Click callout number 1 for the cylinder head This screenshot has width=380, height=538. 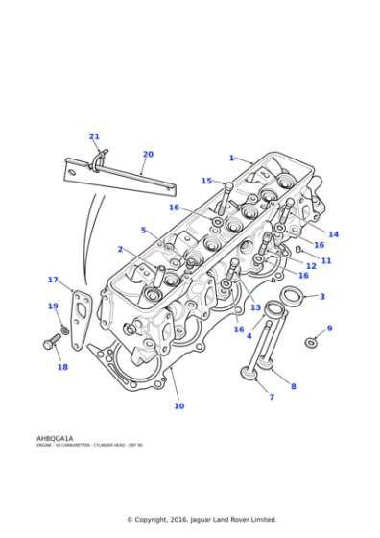[231, 158]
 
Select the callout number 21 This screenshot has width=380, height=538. [94, 136]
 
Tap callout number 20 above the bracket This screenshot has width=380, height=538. [148, 154]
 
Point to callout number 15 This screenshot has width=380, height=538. [206, 181]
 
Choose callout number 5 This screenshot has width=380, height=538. [143, 231]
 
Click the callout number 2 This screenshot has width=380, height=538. [120, 249]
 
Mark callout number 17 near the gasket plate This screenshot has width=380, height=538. [53, 280]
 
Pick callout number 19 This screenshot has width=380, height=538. [53, 306]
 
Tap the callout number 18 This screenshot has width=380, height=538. [62, 367]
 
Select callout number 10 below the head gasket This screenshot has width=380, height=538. [178, 405]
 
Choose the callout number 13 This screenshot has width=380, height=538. [255, 307]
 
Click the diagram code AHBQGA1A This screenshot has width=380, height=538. [55, 438]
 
